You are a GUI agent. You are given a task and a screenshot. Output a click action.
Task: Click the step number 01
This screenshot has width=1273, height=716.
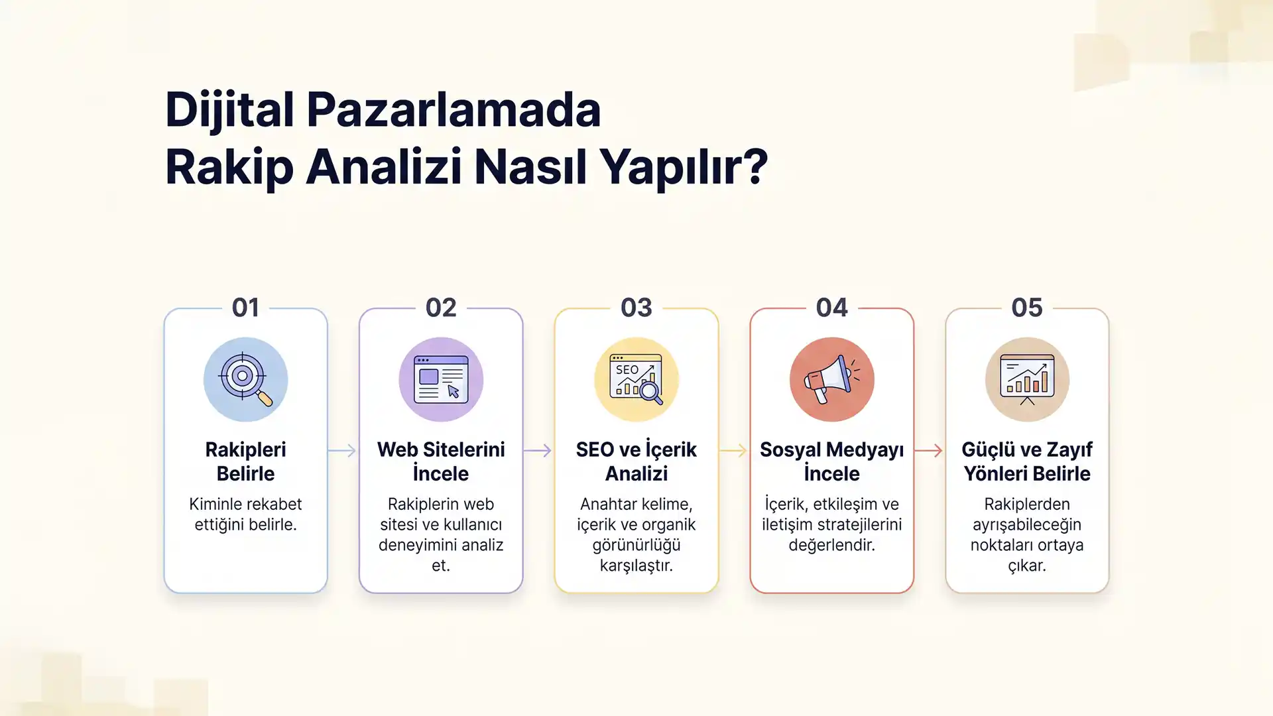coord(245,308)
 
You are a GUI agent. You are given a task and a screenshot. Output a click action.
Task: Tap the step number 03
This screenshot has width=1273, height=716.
coord(636,308)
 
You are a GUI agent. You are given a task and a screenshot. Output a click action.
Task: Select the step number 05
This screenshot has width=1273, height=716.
coord(1027,308)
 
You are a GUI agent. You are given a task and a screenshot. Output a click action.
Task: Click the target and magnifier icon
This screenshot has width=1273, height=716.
coord(245,379)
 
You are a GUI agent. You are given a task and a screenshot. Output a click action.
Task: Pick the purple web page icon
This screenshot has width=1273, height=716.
coord(441,379)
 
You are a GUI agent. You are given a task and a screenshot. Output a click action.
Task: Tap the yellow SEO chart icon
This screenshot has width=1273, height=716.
coord(636,379)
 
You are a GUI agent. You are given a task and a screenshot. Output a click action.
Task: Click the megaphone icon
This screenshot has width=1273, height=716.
coord(831,379)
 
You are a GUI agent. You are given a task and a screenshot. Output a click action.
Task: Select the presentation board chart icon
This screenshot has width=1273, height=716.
coord(1027,379)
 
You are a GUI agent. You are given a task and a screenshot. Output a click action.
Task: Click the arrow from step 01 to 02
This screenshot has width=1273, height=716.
coord(342,451)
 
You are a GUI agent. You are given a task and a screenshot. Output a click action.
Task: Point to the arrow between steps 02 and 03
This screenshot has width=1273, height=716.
coord(538,451)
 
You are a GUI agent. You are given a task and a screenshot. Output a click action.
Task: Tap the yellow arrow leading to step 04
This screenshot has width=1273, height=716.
coord(733,451)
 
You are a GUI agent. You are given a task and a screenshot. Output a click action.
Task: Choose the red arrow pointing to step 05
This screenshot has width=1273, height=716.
coord(929,451)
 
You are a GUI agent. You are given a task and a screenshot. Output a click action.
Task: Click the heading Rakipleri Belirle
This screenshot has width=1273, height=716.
coord(245,461)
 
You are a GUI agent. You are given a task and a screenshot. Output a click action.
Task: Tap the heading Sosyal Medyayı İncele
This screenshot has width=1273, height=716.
coord(831,461)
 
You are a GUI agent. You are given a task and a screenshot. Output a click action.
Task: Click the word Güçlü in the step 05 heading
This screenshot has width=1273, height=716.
coord(987,449)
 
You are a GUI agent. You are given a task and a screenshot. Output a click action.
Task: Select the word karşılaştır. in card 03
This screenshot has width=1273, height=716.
coord(636,566)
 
